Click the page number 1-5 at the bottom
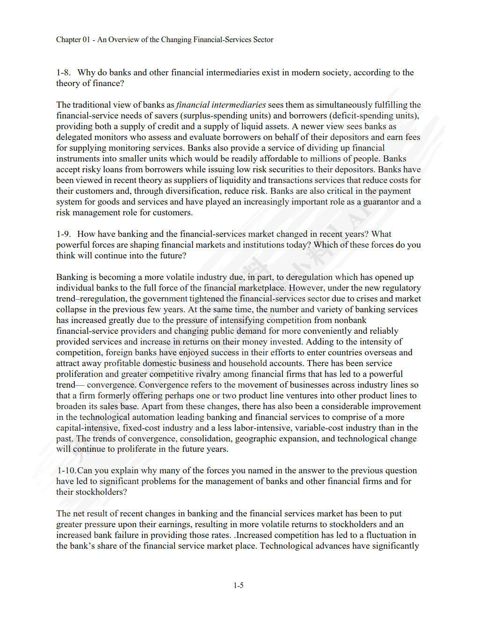[x=238, y=585]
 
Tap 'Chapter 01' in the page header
[x=73, y=40]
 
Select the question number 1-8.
[x=63, y=73]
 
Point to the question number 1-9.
[x=63, y=234]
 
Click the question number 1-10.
[x=67, y=471]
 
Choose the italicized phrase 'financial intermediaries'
[x=221, y=105]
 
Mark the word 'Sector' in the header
[x=263, y=40]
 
